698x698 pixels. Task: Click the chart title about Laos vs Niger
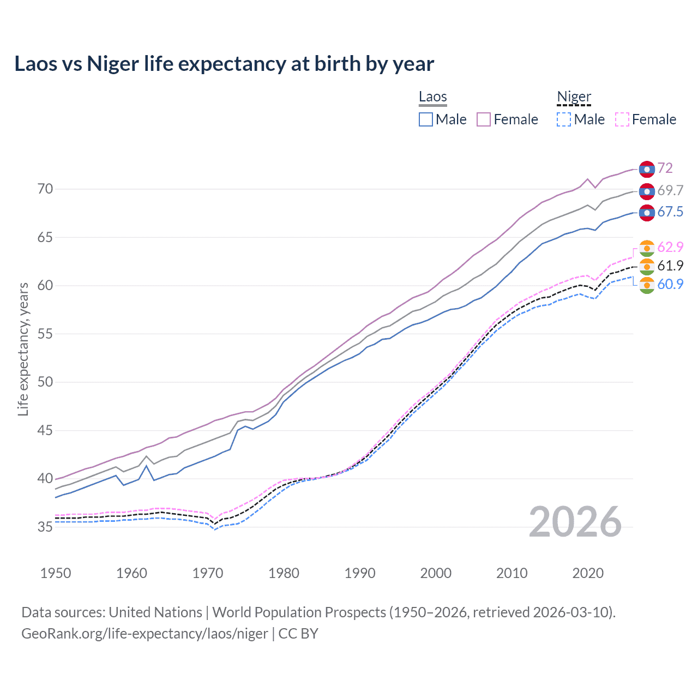click(224, 64)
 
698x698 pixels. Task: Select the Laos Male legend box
click(426, 119)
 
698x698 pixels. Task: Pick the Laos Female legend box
click(484, 119)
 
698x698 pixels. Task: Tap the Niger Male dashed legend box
click(564, 119)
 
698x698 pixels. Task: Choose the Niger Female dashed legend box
click(622, 119)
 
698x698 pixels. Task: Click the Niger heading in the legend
click(574, 97)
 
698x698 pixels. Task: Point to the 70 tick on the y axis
click(45, 189)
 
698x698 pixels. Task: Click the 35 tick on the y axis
click(45, 527)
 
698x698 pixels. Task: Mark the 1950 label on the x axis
click(56, 573)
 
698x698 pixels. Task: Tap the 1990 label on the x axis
click(360, 573)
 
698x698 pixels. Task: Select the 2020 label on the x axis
click(588, 573)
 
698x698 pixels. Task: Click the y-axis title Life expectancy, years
click(23, 349)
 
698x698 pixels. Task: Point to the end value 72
click(665, 169)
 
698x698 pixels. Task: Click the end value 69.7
click(670, 190)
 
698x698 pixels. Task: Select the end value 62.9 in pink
click(670, 247)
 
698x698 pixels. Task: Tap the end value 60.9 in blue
click(670, 284)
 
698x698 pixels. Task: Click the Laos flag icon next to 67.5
click(647, 212)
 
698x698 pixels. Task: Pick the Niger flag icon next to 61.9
click(647, 266)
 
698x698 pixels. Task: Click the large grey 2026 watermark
click(575, 522)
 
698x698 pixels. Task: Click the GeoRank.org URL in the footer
click(145, 634)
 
